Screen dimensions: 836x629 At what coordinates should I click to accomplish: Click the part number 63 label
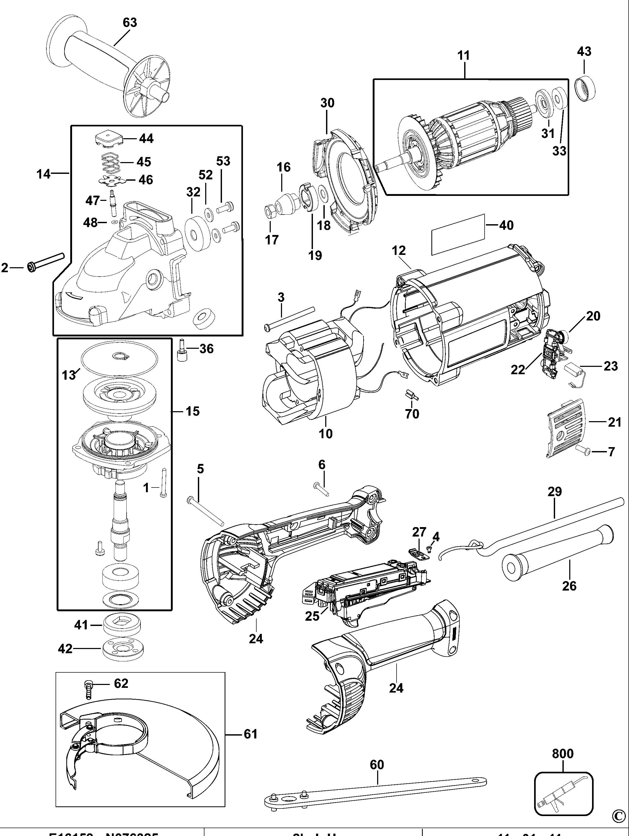129,23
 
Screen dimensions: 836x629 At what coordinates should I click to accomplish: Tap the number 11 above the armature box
464,56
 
